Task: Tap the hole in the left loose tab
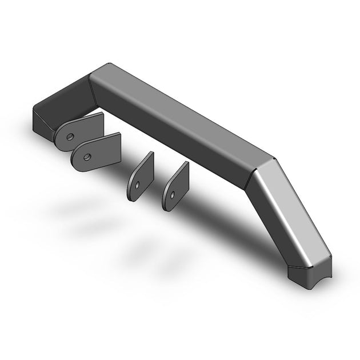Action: coord(138,185)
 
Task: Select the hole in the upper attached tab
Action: coord(70,137)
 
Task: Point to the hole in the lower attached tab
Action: coord(87,156)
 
